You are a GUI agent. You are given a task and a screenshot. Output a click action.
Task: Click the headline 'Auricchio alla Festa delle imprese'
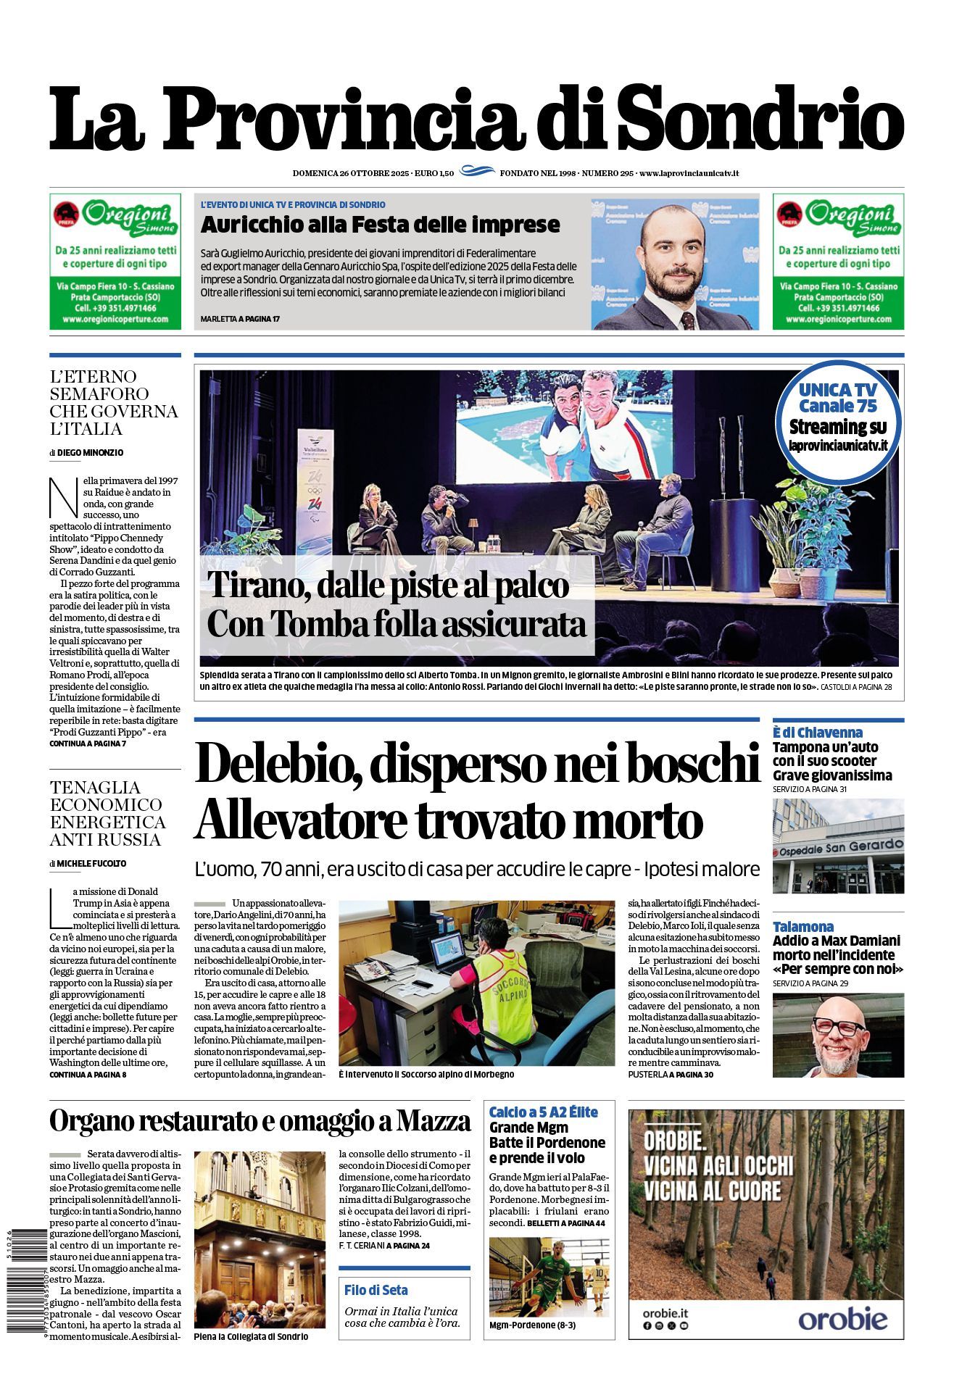[380, 225]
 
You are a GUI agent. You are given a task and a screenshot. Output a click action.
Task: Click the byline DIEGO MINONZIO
[90, 452]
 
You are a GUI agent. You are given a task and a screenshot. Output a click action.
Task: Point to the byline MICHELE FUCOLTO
[91, 863]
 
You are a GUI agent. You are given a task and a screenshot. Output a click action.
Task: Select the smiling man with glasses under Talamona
[839, 1035]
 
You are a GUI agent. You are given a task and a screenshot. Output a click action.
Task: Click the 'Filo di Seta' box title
[376, 1290]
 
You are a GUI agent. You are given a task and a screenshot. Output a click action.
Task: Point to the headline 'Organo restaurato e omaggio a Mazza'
[260, 1122]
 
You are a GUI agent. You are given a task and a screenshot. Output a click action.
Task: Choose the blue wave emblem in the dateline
[476, 172]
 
